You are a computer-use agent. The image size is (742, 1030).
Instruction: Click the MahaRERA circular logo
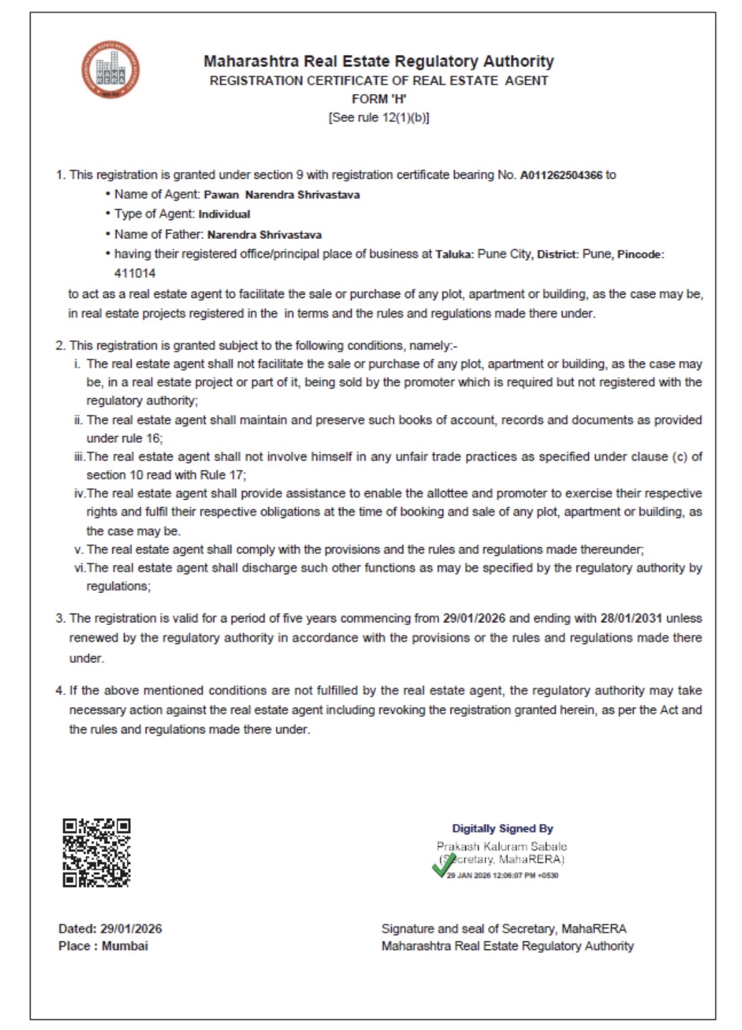pos(110,70)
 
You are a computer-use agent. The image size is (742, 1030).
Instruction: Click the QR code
pos(96,853)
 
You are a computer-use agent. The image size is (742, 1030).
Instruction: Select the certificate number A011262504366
pos(560,175)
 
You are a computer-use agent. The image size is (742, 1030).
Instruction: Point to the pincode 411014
pos(135,274)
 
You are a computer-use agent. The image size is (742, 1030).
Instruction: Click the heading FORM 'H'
pos(379,99)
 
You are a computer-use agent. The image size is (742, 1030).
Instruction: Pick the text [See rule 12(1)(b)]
pos(379,117)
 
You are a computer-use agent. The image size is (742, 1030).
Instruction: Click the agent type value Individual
pos(224,214)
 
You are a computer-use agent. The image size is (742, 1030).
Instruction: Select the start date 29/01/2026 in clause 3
pos(474,618)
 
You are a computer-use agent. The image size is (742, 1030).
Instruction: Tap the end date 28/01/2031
pos(631,618)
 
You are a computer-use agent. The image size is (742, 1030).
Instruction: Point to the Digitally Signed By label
pos(502,828)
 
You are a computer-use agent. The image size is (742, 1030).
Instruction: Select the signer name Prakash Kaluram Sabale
pos(501,846)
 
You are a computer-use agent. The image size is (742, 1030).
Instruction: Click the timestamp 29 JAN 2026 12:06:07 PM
pos(502,876)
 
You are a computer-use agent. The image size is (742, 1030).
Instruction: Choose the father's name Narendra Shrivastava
pos(264,235)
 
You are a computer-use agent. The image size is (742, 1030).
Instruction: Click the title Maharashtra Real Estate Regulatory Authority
pos(379,62)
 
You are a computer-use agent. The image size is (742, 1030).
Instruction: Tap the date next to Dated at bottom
pos(131,928)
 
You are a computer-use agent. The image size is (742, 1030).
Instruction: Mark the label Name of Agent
pos(157,194)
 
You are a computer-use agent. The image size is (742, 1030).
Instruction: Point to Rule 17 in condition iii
pos(222,475)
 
